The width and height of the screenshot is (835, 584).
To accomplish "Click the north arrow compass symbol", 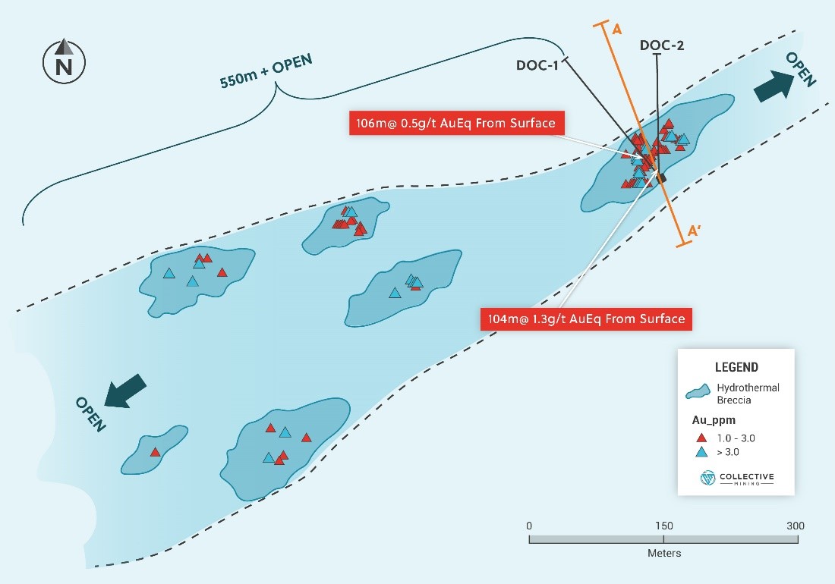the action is [x=64, y=61].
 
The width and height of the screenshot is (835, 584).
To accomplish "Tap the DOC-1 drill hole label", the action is [x=537, y=65].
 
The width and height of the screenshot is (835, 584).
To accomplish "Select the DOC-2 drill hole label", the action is [x=662, y=46].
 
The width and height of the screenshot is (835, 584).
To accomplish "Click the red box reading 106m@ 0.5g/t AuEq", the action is [x=456, y=123].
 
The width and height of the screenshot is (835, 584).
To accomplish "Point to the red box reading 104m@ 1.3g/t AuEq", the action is [x=586, y=319].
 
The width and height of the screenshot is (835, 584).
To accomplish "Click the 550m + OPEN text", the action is [x=266, y=71].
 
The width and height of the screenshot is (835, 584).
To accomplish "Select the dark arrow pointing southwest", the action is [x=126, y=391].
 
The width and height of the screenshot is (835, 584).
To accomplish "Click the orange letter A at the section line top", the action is [x=617, y=29].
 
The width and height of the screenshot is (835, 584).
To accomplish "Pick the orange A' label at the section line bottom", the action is [x=695, y=231].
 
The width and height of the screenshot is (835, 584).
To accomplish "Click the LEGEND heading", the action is [x=736, y=367].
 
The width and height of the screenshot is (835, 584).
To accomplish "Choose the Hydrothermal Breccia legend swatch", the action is [x=698, y=391].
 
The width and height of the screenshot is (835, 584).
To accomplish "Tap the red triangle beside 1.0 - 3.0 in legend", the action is [x=701, y=438].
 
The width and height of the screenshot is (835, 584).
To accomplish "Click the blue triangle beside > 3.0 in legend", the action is [x=701, y=452].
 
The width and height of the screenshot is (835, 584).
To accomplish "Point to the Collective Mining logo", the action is [x=737, y=478].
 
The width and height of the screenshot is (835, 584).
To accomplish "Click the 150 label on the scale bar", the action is [x=664, y=526].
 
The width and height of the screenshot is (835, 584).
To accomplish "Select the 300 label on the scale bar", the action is [x=796, y=526].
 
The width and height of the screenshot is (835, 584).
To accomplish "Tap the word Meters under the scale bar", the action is [x=664, y=553].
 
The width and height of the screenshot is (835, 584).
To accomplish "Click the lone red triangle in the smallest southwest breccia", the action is [x=155, y=452].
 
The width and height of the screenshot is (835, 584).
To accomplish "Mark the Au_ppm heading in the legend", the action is [x=714, y=420].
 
